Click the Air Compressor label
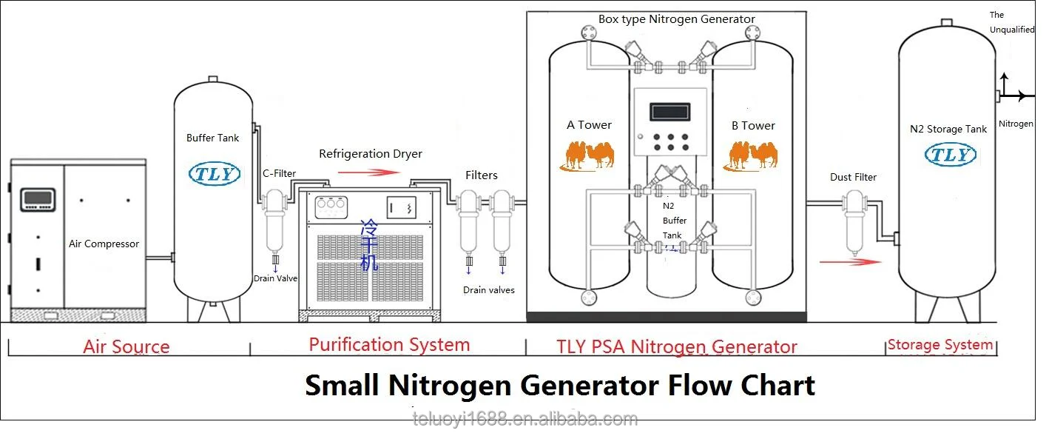point(104,244)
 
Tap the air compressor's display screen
point(38,199)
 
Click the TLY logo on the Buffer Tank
point(215,173)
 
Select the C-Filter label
point(279,173)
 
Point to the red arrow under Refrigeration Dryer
point(369,172)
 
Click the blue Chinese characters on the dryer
point(369,245)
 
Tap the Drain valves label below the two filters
point(488,290)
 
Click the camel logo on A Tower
point(587,155)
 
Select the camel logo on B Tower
point(750,155)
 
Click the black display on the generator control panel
point(670,112)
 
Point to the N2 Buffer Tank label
point(674,221)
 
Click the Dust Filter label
point(853,177)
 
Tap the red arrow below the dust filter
point(850,262)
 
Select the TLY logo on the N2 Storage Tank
point(951,155)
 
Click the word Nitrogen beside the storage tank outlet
point(1016,124)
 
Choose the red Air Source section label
point(127,347)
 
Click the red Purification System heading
point(390,345)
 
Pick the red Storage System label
point(940,345)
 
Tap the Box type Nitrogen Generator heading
point(677,19)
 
